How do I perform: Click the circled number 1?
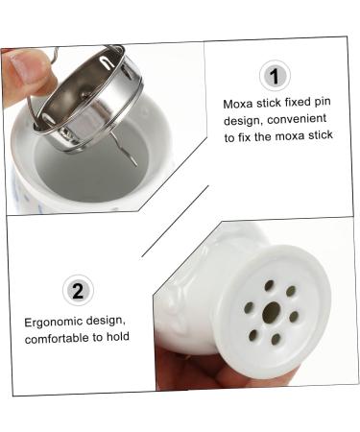pos(276,76)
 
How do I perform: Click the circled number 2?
pos(77,289)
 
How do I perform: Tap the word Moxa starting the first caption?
pos(239,103)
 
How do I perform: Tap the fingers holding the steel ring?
pos(24,77)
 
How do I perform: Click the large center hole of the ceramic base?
pos(272,311)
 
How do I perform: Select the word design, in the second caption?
pos(117,321)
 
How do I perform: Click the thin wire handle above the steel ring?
pos(58,58)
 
